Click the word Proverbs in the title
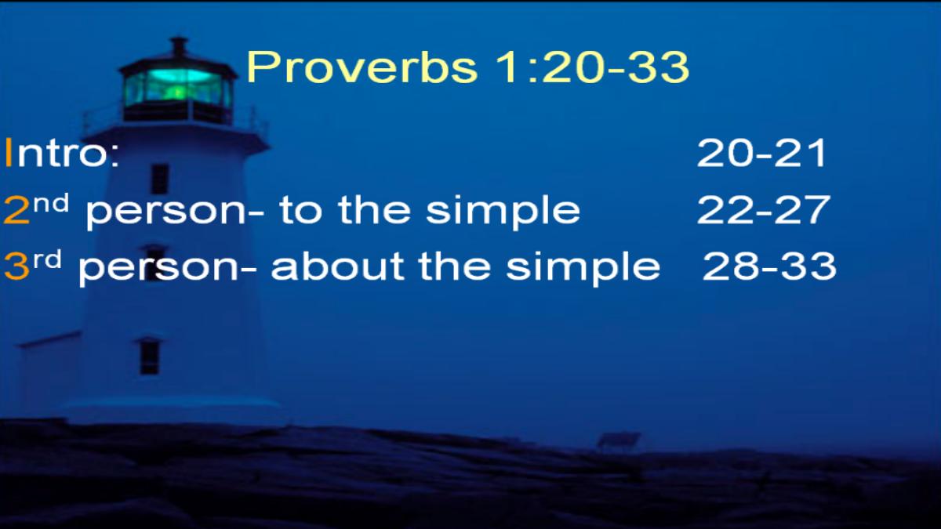[362, 67]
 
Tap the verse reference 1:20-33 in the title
[591, 67]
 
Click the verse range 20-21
[761, 153]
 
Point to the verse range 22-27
[763, 209]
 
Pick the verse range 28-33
[769, 266]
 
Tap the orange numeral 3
[16, 266]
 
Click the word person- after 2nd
[175, 213]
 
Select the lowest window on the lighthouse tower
[150, 356]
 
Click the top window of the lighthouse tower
[160, 179]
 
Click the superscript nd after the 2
[51, 205]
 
